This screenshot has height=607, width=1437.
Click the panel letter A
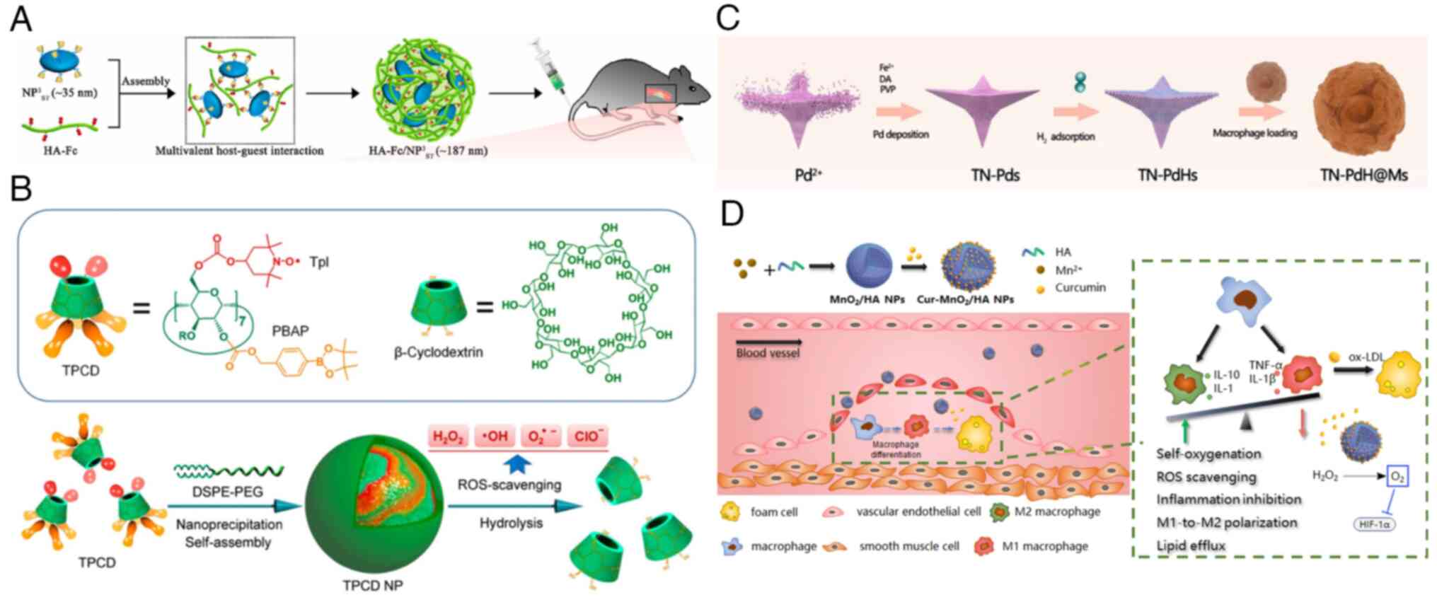[x=21, y=19]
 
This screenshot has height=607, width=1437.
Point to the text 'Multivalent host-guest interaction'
[x=239, y=151]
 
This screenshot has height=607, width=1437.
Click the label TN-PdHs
[x=1167, y=175]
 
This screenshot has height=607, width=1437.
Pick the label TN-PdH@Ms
[x=1363, y=175]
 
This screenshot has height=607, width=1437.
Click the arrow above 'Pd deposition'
[x=899, y=111]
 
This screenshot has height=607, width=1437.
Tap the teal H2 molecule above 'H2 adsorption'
[x=1080, y=83]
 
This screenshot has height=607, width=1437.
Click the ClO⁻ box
[x=589, y=437]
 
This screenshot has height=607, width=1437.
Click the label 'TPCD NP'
[x=373, y=586]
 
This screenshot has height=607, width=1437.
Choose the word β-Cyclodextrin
[x=438, y=352]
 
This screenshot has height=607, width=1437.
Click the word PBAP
[x=290, y=330]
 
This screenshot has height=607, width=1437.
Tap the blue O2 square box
[x=1397, y=477]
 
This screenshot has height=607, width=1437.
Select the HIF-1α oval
[x=1375, y=525]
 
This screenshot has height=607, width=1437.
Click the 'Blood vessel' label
[x=767, y=353]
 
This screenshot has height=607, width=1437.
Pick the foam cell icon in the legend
[x=729, y=511]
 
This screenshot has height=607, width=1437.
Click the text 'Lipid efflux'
[x=1191, y=545]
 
